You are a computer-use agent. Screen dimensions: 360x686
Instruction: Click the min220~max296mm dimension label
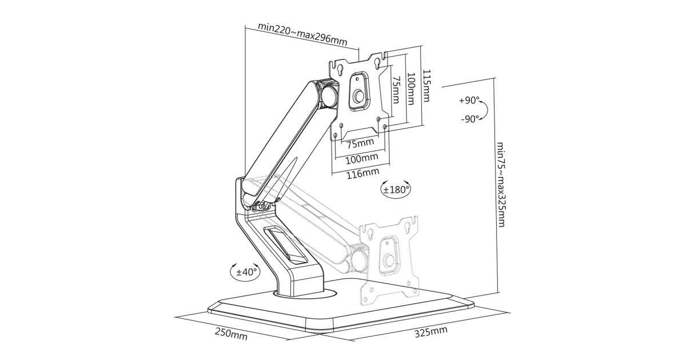(x=302, y=26)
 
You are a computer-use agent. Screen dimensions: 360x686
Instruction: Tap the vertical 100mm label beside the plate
(x=410, y=89)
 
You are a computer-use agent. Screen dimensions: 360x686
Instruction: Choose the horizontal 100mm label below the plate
(x=362, y=157)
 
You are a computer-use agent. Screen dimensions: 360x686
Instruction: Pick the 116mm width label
(x=362, y=172)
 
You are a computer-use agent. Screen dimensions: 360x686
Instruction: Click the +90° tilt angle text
(x=469, y=101)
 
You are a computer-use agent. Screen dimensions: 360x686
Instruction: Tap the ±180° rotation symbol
(x=396, y=189)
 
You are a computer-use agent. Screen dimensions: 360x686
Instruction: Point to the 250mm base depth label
(x=232, y=334)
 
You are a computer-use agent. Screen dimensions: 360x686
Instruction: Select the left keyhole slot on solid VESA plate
(x=340, y=69)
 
